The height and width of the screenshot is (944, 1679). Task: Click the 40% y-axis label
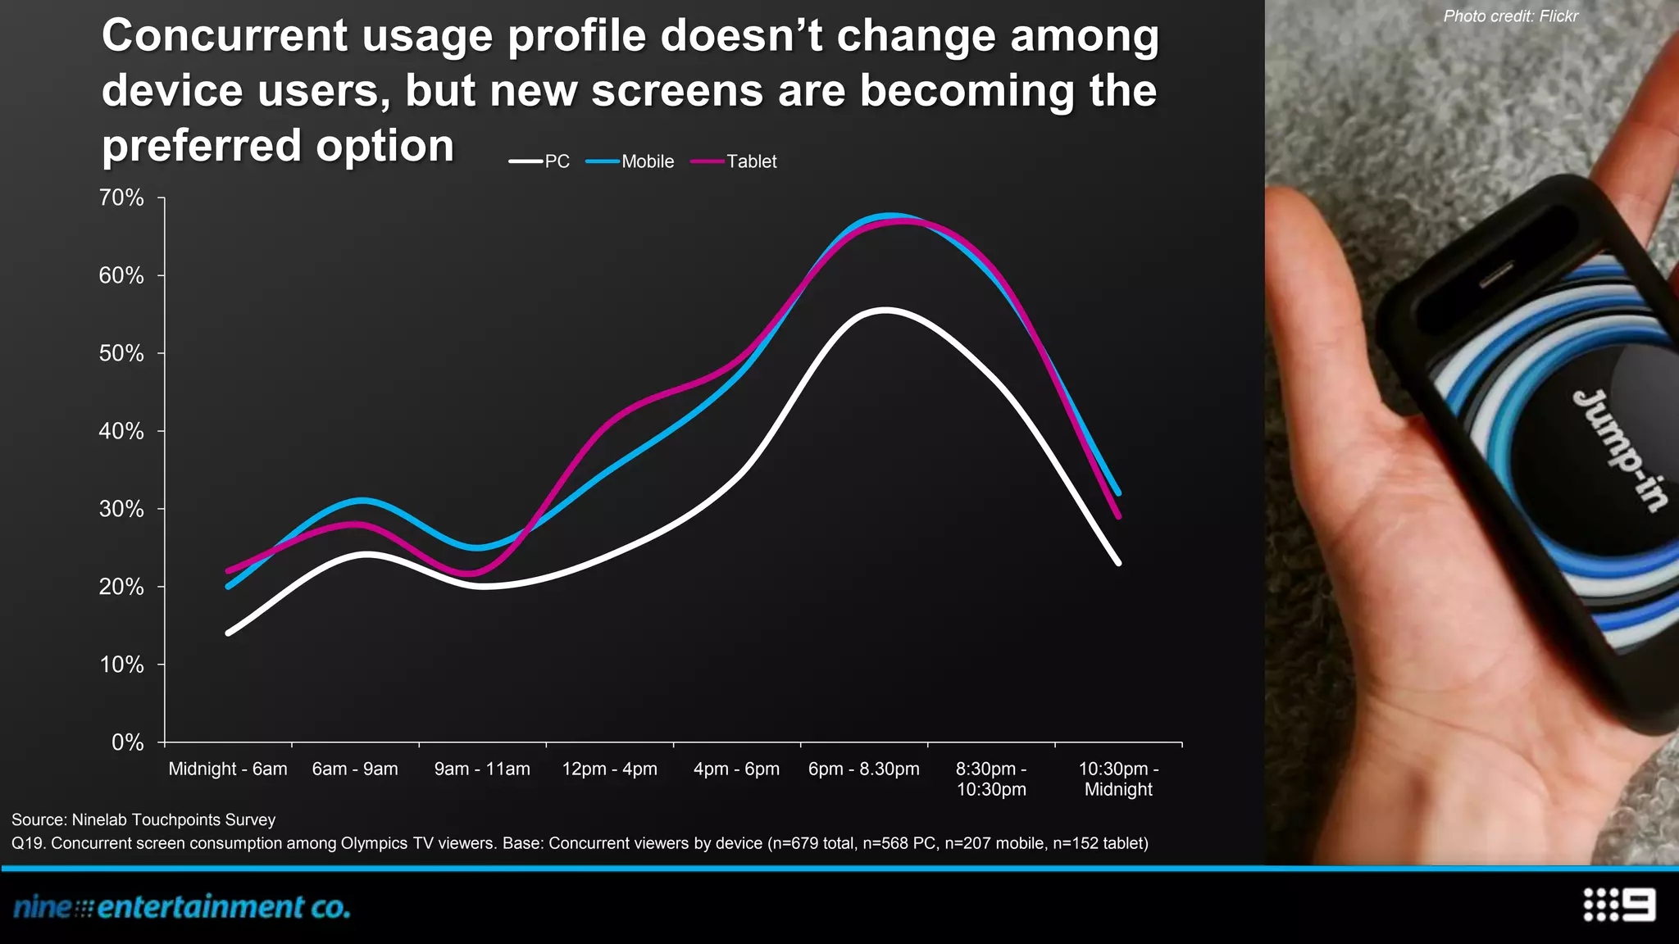121,431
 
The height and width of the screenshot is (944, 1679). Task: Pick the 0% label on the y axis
128,742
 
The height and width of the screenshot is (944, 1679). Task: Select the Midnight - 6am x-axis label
228,769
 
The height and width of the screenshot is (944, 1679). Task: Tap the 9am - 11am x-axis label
482,769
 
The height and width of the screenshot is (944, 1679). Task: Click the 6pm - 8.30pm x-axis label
864,769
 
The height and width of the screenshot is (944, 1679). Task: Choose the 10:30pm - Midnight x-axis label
1118,778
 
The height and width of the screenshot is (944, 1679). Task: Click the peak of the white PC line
885,310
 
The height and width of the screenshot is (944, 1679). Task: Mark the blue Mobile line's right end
1119,493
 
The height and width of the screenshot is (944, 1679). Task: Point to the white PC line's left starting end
228,633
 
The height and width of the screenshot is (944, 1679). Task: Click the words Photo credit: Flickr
1510,16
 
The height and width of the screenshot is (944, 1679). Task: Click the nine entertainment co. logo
182,907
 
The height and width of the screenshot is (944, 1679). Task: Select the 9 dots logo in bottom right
1618,905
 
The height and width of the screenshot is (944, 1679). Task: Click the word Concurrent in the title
225,36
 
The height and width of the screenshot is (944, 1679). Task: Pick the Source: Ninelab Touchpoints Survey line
143,819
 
